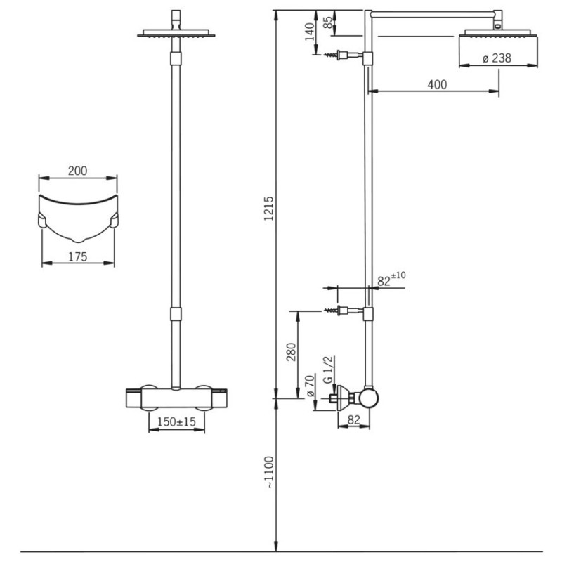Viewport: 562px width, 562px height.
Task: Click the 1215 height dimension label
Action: click(269, 208)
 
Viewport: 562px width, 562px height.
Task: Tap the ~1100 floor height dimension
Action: click(269, 472)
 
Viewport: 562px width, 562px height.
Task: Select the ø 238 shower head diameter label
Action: click(497, 58)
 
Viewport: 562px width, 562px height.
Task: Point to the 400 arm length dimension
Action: click(437, 84)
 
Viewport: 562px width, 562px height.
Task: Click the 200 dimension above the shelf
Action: click(77, 171)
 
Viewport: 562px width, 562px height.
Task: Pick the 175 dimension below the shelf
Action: click(77, 256)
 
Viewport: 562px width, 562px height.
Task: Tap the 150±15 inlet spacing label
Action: click(177, 421)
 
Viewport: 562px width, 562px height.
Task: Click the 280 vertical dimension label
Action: click(292, 352)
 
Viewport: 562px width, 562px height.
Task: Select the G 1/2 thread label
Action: click(328, 370)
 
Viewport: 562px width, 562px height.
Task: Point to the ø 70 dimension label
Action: click(311, 385)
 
